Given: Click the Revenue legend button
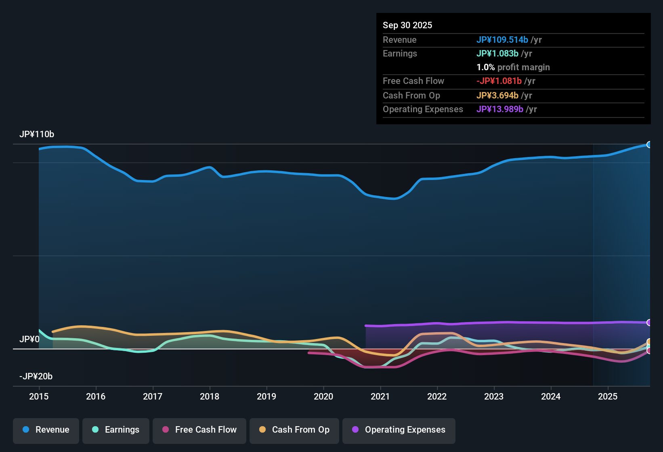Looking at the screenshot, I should [46, 430].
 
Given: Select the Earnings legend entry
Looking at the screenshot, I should [116, 430].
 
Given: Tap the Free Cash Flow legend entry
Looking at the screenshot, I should [199, 430].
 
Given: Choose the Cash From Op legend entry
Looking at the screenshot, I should [294, 430].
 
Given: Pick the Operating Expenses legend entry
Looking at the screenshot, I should [399, 430].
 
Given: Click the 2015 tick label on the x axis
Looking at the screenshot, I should [39, 397].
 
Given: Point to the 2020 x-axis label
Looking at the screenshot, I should [323, 397].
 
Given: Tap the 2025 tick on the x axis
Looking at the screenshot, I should [608, 397].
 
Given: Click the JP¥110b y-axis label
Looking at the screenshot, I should [37, 134].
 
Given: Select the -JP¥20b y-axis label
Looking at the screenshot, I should [36, 377].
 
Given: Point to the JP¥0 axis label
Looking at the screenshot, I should [29, 339].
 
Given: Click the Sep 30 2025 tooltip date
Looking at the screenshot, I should [407, 25].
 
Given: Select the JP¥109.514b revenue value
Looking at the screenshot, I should [502, 40].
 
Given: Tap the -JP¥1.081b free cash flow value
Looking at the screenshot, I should [499, 81].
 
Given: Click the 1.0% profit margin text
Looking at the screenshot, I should [513, 67].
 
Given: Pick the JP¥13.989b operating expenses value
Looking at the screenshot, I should [499, 109].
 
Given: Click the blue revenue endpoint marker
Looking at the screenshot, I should [649, 144].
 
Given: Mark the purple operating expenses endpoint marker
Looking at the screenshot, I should [649, 322].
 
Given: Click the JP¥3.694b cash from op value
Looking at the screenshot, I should [497, 96].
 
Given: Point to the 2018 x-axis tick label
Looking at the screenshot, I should [210, 397].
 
